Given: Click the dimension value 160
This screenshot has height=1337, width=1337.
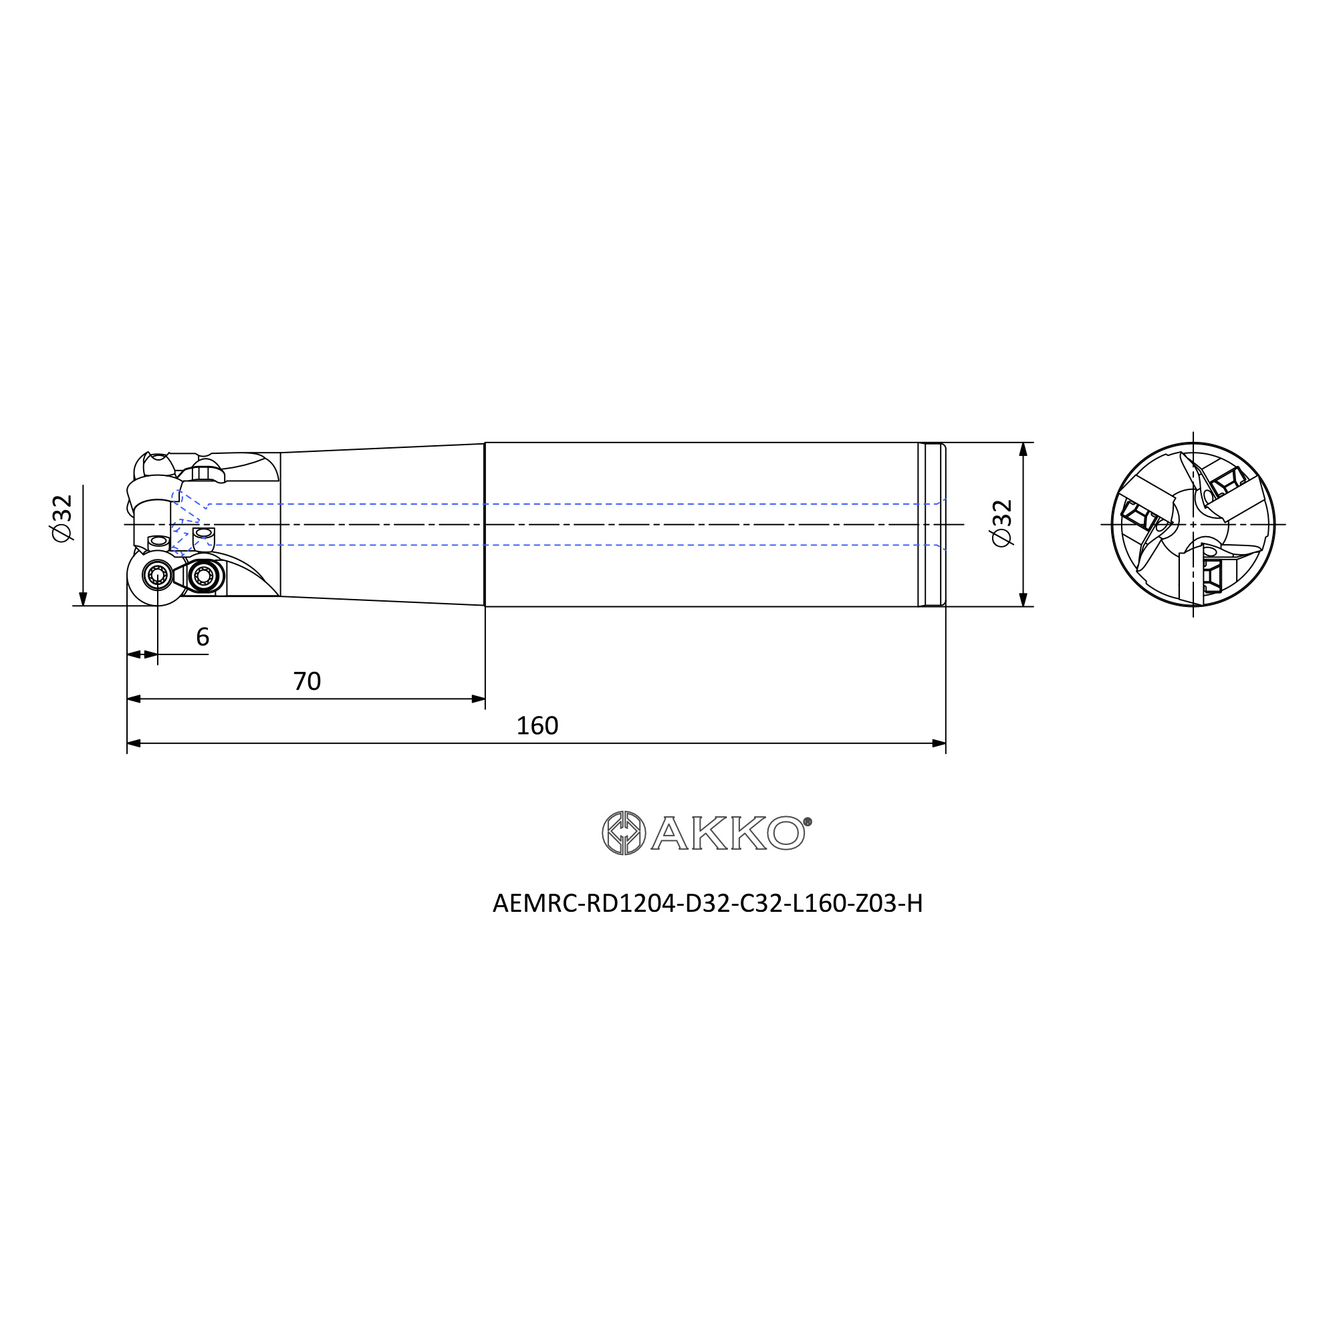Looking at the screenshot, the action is (x=537, y=726).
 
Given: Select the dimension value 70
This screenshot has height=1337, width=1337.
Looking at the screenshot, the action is (x=308, y=682).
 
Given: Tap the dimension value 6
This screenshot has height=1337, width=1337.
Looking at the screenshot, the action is (x=202, y=637).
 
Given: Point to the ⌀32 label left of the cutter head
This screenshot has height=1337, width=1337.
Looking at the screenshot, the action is (x=62, y=518).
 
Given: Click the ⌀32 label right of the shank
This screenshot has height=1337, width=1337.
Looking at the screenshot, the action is (x=1002, y=523).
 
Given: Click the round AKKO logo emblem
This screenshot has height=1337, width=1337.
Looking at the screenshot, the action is (x=624, y=833).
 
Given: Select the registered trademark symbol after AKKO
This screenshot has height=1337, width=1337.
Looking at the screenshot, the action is (x=807, y=822).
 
